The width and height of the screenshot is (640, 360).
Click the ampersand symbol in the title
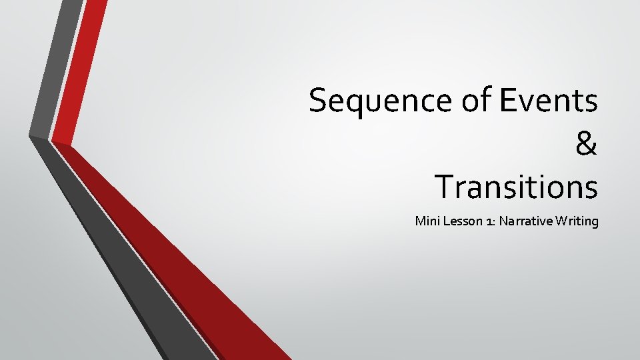(586, 144)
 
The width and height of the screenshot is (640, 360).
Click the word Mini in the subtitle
(426, 221)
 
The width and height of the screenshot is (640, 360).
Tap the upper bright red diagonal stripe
(81, 67)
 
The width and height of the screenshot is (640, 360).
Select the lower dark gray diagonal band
(120, 267)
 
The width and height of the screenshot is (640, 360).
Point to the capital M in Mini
(421, 221)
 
